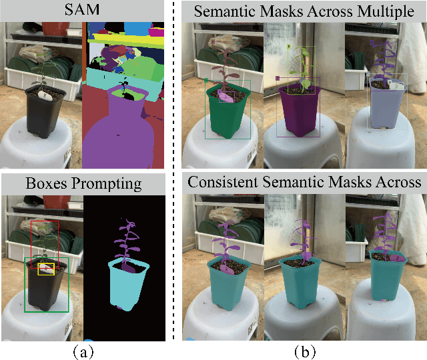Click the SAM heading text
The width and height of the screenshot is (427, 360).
[83, 10]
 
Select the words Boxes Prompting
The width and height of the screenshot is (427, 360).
[83, 183]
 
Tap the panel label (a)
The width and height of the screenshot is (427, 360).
[83, 350]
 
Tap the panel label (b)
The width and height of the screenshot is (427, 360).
[301, 350]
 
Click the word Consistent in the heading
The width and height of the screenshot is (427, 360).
[222, 182]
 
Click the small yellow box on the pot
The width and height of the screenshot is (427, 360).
[46, 269]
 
